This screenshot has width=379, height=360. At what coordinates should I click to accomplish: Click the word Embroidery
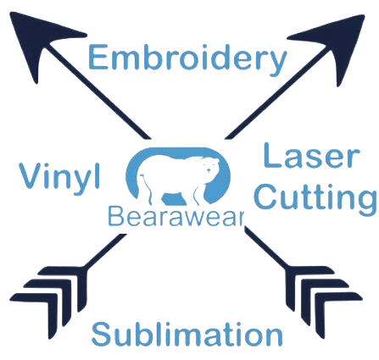(187, 59)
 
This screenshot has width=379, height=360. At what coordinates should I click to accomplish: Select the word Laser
(312, 156)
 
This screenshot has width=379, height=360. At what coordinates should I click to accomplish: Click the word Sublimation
(187, 335)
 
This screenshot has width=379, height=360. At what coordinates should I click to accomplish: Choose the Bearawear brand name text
(176, 216)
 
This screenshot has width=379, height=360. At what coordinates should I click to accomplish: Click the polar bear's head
(209, 166)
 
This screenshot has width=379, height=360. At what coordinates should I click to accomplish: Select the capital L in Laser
(271, 155)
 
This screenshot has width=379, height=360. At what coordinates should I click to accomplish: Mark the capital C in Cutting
(265, 197)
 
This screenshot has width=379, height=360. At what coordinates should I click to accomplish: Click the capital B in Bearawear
(116, 216)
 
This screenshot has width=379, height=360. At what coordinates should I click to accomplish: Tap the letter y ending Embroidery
(276, 64)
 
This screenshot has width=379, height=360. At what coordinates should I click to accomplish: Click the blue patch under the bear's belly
(173, 199)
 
